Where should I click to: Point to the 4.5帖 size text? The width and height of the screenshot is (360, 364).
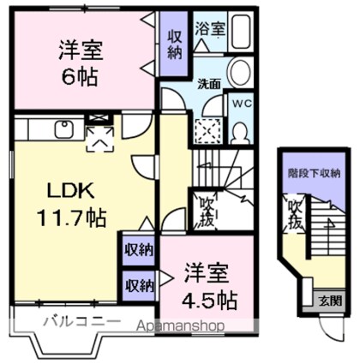tap(209, 301)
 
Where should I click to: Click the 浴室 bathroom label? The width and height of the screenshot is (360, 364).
tap(209, 29)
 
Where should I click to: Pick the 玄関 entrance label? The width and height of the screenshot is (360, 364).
tap(330, 301)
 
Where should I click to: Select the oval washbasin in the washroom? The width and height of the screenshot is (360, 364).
tap(238, 72)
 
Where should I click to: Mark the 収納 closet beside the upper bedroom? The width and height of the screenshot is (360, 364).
tap(174, 45)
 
